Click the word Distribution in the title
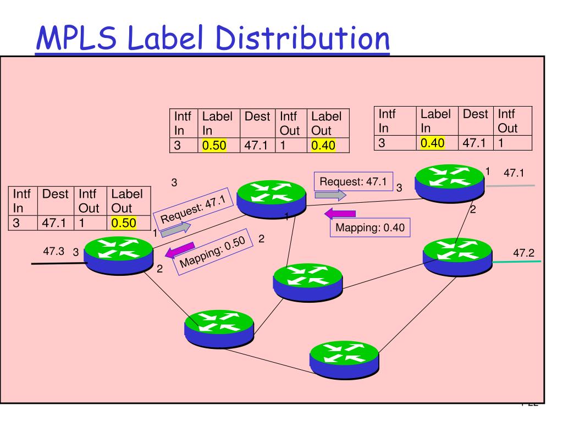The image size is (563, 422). (x=302, y=37)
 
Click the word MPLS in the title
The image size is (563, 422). (x=76, y=37)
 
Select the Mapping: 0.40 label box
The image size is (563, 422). (x=370, y=227)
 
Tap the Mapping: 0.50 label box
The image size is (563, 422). (x=213, y=252)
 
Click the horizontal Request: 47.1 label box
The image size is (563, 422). (x=354, y=181)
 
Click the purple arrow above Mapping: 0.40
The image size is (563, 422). (x=340, y=214)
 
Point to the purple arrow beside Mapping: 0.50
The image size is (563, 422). (x=180, y=249)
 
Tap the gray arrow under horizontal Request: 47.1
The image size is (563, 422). (x=330, y=195)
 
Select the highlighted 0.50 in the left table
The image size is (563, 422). (x=124, y=223)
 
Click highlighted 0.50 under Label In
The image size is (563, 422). (x=214, y=145)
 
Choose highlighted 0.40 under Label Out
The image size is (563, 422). (x=323, y=145)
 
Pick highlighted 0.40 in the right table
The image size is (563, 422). (x=432, y=143)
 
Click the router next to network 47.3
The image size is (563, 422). (x=119, y=256)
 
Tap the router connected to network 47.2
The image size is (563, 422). (x=457, y=257)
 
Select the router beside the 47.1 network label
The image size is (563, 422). (x=450, y=184)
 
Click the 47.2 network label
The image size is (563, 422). (x=523, y=253)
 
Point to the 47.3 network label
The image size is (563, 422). (x=53, y=251)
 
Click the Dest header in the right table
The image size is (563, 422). (x=476, y=114)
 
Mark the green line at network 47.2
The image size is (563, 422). (x=516, y=262)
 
